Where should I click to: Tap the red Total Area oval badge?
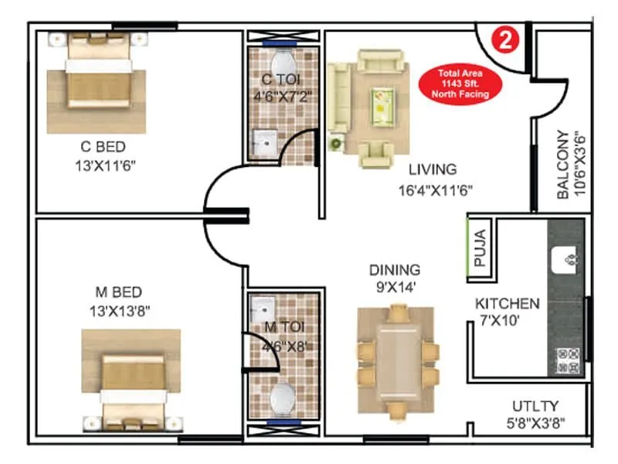pos(460,83)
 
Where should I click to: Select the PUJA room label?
pos(480,247)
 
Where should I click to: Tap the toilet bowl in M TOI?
pos(281,397)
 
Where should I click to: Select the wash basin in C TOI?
pos(265,143)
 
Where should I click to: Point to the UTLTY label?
pos(535,406)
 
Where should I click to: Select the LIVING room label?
pos(433,169)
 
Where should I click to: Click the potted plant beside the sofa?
pos(336,143)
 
